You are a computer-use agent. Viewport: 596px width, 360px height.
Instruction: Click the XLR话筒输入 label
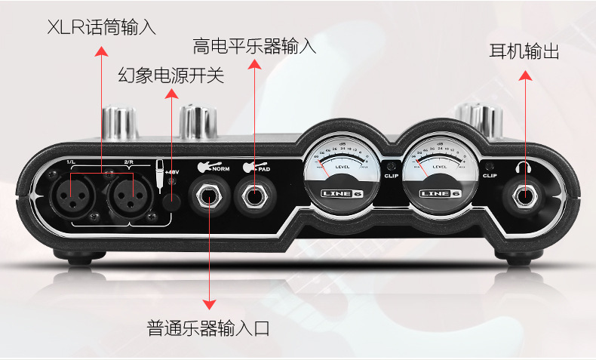coord(101,28)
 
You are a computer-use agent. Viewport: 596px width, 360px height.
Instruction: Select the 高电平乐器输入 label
coord(254,47)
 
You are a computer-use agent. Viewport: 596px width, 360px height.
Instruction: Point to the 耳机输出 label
coord(524,52)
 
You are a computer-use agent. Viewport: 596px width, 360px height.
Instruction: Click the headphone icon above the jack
coord(523,167)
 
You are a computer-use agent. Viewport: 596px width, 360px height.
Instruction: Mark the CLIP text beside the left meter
coord(390,175)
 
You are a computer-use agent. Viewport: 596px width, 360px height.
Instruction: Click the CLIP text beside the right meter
coord(488,175)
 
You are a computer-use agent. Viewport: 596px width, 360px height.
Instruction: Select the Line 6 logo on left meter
coord(341,193)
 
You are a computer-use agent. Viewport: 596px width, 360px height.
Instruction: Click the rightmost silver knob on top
coord(481,118)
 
